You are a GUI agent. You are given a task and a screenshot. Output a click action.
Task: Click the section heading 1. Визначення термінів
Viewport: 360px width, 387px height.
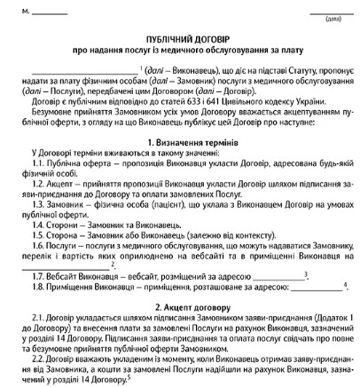point(179,141)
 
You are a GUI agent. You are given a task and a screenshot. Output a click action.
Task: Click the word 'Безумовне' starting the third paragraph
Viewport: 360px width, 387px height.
point(53,112)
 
